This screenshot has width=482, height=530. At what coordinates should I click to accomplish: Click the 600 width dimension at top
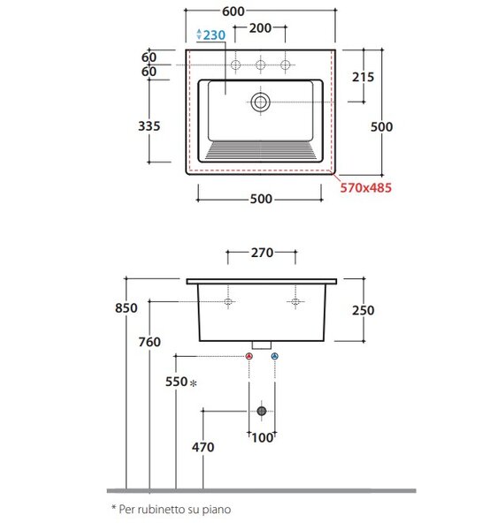pyautogui.click(x=233, y=11)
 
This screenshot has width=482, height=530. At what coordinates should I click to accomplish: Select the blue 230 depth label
pyautogui.click(x=214, y=35)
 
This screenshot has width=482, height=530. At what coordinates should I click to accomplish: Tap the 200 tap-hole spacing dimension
pyautogui.click(x=260, y=28)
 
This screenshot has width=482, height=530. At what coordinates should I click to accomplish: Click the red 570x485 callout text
pyautogui.click(x=365, y=187)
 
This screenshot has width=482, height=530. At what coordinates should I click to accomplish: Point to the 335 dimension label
pyautogui.click(x=149, y=126)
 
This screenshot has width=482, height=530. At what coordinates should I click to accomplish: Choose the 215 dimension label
pyautogui.click(x=363, y=77)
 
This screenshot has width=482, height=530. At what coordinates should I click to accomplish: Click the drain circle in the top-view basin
pyautogui.click(x=260, y=102)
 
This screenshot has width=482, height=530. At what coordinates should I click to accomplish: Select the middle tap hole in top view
pyautogui.click(x=260, y=64)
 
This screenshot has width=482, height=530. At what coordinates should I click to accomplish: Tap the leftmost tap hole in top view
pyautogui.click(x=235, y=64)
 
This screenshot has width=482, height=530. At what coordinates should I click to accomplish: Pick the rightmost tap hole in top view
pyautogui.click(x=286, y=64)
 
